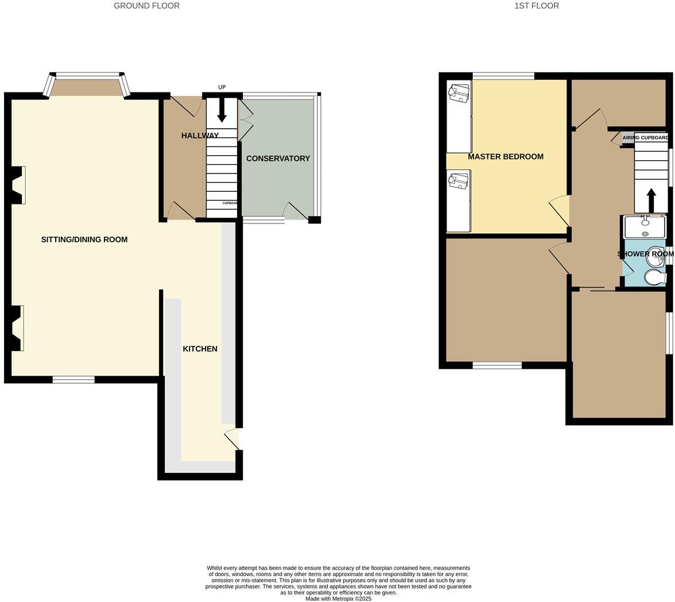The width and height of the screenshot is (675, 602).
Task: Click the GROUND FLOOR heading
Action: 146,6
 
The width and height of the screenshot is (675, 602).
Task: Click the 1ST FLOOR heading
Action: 536,6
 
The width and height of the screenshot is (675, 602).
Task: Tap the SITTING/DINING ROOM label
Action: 84,240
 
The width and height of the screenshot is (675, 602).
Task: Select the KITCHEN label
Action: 200,349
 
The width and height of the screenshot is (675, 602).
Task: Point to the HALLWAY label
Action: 200,136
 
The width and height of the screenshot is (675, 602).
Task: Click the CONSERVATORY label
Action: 278,159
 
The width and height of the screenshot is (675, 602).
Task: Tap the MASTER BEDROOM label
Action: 505,156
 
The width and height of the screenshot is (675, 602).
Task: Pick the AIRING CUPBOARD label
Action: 645,138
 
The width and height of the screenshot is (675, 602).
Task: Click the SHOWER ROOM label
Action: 645,254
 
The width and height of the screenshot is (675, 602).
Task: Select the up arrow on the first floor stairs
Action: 651,200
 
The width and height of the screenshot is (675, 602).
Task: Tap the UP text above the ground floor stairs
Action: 222,87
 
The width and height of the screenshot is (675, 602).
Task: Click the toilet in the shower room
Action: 655,278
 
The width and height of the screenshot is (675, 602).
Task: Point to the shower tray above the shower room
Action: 645,227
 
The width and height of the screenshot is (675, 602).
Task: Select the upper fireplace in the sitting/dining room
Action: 18,185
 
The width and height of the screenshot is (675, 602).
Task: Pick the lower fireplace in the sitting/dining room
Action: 17,327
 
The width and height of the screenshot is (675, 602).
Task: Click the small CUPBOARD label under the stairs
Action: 230,203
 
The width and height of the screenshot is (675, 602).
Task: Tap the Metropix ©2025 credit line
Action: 338,599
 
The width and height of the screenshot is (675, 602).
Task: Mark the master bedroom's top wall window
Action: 503,76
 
